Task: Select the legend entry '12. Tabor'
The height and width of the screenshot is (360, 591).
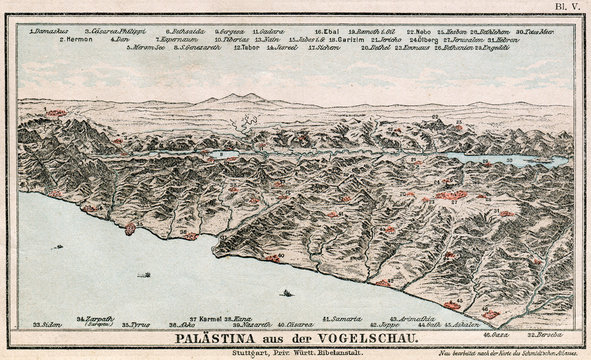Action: click(246, 47)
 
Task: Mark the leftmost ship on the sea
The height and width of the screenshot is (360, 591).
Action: click(145, 275)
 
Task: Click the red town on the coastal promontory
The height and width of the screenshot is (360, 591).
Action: click(129, 229)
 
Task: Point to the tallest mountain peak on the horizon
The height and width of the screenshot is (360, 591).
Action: click(236, 96)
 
